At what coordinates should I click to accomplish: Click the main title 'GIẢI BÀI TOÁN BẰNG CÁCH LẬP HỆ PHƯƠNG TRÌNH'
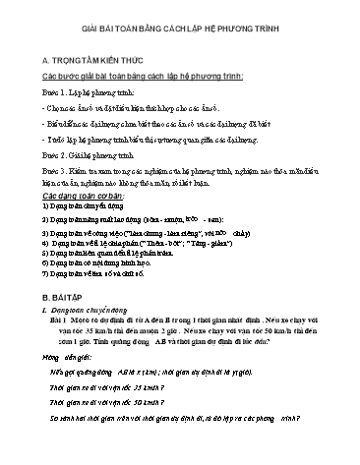pos(180,30)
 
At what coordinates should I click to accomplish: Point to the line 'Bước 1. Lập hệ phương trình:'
pos(97,97)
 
